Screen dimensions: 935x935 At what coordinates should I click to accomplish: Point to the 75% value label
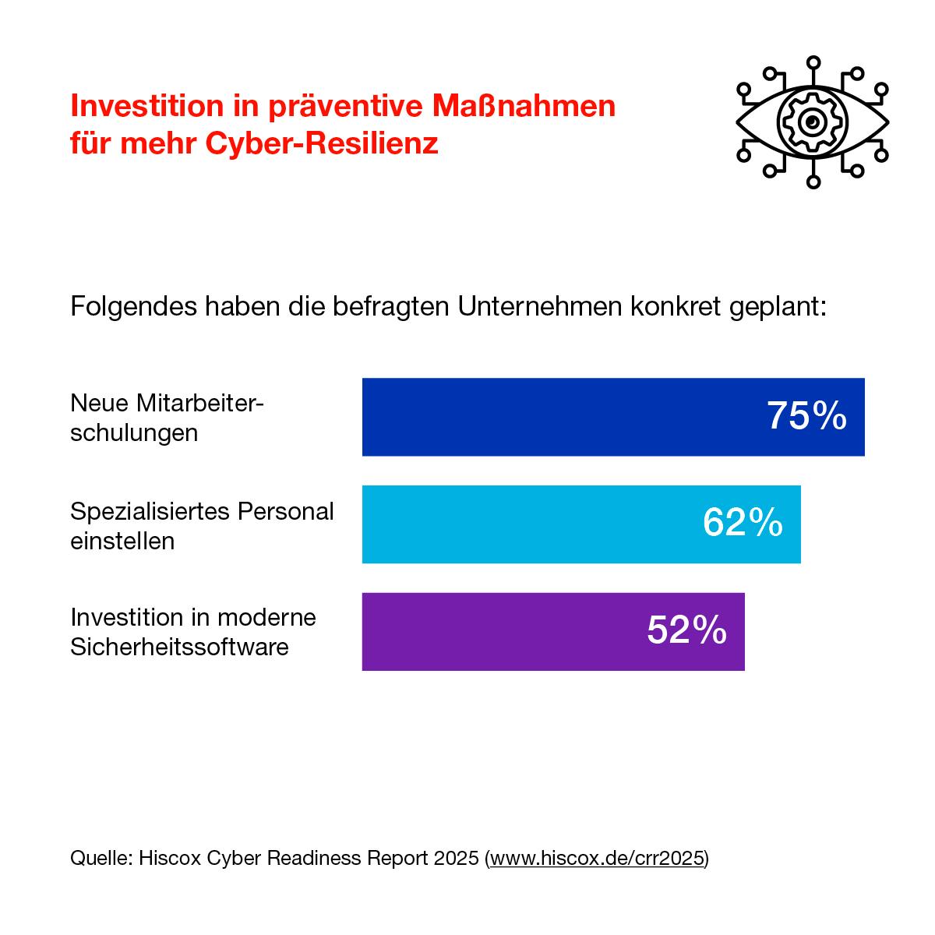point(806,416)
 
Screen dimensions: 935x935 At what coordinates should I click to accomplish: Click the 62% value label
point(743,523)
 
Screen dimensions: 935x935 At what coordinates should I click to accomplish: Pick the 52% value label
point(686,630)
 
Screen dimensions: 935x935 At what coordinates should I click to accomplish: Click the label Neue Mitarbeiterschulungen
point(167,418)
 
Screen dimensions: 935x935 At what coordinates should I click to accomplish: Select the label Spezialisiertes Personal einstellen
point(202,525)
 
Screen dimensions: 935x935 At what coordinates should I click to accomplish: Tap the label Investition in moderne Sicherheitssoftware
point(193,632)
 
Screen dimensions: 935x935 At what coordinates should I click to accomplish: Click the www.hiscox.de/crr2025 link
point(598,859)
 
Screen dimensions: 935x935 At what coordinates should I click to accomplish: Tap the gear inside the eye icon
point(813,122)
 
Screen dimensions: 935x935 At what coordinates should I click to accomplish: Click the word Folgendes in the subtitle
point(132,306)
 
